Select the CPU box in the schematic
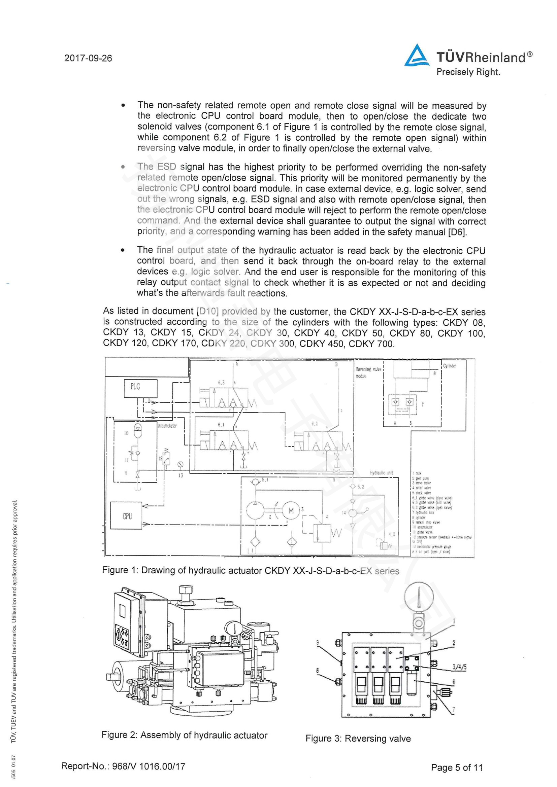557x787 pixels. pyautogui.click(x=126, y=515)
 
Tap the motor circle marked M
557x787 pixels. pyautogui.click(x=291, y=511)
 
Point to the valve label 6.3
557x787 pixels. pyautogui.click(x=221, y=382)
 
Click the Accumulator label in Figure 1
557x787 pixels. pyautogui.click(x=167, y=426)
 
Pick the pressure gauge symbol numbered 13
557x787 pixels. pyautogui.click(x=180, y=465)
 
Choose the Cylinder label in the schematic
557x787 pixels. pyautogui.click(x=449, y=366)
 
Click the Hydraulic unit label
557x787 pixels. pyautogui.click(x=382, y=473)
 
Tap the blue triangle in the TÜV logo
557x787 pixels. pyautogui.click(x=417, y=56)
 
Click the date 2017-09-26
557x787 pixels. pyautogui.click(x=88, y=58)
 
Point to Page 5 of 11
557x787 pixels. pyautogui.click(x=457, y=767)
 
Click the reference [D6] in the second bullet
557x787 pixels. pyautogui.click(x=458, y=232)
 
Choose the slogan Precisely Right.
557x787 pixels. pyautogui.click(x=468, y=72)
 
